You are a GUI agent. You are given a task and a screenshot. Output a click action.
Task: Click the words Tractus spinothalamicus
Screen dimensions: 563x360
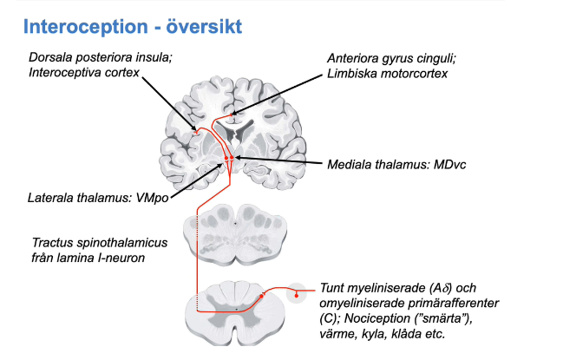(x=99, y=242)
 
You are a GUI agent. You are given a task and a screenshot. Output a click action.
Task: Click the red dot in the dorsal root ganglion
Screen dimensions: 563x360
(x=297, y=295)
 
